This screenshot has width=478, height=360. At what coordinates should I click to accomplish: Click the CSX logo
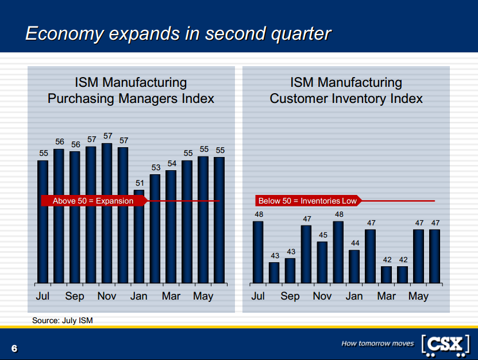445,344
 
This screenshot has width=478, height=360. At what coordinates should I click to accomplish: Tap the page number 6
14,348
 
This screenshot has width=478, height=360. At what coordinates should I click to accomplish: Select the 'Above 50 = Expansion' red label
93,201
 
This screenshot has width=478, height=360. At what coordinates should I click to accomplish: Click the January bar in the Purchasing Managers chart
139,236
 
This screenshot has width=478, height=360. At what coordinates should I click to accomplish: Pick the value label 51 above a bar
139,183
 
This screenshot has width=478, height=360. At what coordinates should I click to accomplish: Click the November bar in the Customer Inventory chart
322,262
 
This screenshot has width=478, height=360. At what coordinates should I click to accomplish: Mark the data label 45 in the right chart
322,235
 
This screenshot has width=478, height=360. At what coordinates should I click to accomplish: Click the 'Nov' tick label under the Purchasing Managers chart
107,296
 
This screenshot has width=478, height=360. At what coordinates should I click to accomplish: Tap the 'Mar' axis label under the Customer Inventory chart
387,296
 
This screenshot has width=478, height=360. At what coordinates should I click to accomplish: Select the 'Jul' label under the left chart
43,296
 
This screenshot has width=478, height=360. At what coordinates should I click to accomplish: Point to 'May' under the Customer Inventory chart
418,296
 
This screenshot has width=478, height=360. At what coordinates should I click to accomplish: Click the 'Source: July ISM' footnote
63,320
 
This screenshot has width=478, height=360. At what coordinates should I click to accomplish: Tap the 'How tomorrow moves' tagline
377,343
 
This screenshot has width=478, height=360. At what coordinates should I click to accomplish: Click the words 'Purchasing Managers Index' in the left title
131,99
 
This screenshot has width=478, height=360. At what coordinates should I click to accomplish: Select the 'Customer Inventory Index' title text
346,99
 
